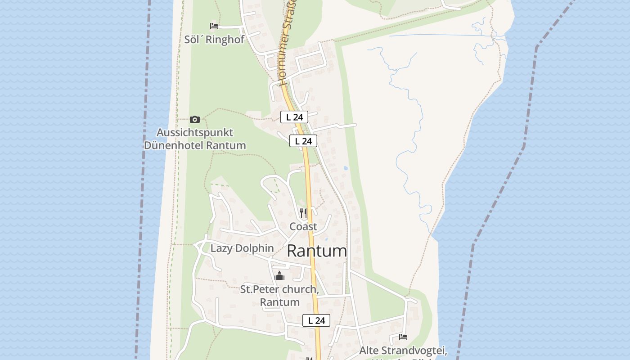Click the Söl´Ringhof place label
214,40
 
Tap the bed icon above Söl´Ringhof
214,26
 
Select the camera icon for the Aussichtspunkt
195,119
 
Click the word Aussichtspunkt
195,133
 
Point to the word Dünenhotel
173,145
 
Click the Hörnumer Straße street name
288,43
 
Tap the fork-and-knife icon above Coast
303,213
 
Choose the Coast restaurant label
303,226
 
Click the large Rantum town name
317,251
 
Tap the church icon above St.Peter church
279,276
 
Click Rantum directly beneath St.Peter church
279,302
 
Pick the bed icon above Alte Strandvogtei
403,337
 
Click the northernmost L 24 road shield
294,117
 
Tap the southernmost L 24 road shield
316,320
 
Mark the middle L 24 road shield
303,141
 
